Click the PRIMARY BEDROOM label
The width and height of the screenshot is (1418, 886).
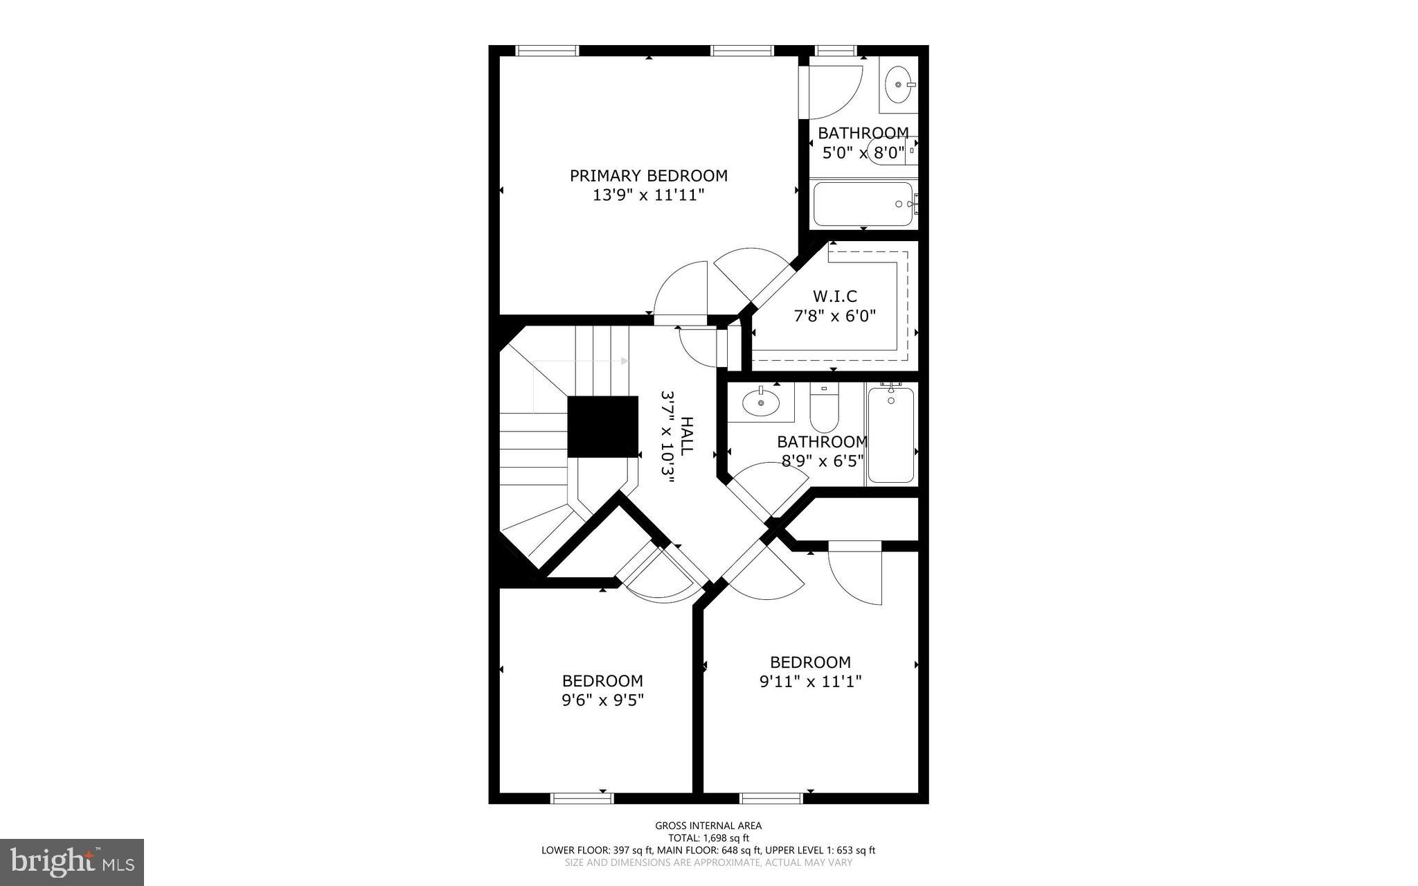(x=648, y=176)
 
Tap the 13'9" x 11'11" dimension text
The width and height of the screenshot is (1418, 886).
(x=648, y=195)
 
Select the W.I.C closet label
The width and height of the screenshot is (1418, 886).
(x=834, y=296)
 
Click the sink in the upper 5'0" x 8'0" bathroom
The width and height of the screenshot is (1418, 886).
(x=899, y=85)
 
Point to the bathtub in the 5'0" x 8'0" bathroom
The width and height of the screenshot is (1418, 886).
(x=863, y=204)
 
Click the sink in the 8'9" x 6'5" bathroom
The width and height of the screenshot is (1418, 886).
(x=760, y=402)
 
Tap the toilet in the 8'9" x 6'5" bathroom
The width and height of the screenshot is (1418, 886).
(x=824, y=410)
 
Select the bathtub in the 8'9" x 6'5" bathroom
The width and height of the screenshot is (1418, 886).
(x=890, y=435)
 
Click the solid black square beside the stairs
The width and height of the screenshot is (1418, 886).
(x=602, y=427)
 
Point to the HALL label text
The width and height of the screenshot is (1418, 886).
(x=686, y=436)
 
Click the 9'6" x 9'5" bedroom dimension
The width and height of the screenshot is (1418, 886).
(x=602, y=700)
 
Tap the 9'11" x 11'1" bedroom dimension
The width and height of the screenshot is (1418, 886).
(x=810, y=682)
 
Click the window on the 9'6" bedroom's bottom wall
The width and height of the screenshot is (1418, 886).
(x=582, y=799)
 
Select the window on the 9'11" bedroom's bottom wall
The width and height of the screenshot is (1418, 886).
(x=771, y=799)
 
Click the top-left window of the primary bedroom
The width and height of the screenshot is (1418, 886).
(x=547, y=51)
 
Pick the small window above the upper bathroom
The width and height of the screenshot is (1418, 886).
(x=836, y=51)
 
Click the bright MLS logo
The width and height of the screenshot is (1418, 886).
(x=72, y=862)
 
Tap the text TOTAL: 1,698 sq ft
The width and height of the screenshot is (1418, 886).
(x=708, y=838)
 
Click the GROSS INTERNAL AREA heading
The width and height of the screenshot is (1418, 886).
(x=708, y=825)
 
